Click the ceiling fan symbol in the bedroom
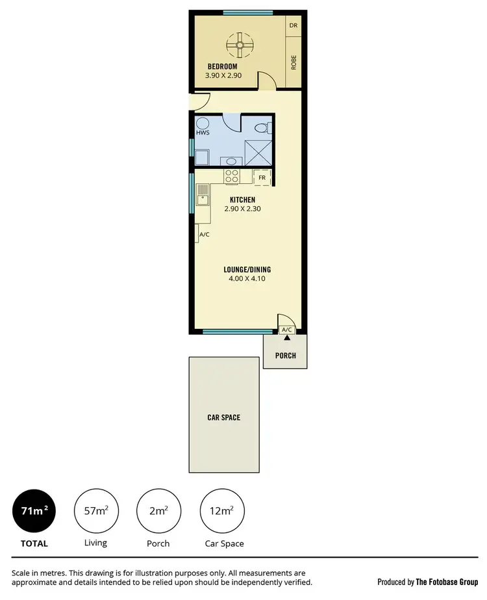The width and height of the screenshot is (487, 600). pos(240,45)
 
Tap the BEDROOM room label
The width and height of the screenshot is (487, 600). pos(222,66)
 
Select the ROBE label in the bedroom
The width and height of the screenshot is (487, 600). pos(293,62)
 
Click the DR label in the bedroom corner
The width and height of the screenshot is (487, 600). pos(293,26)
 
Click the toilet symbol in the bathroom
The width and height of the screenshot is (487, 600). pos(261,128)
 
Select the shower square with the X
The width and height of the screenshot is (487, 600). pos(257,153)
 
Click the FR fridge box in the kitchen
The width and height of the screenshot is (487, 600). pos(262,177)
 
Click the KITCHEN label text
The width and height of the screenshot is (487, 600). pos(242,200)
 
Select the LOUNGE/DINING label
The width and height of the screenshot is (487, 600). pos(247,270)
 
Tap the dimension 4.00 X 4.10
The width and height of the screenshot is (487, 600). pos(247,279)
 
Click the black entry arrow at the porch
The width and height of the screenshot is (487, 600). pos(286,338)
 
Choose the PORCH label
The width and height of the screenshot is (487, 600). pos(286,356)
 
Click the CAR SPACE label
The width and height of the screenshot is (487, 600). pos(223,417)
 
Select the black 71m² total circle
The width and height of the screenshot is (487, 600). pos(34,511)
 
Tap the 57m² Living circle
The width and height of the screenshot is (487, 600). pos(95,511)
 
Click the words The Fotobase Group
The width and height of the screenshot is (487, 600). pos(447,582)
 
